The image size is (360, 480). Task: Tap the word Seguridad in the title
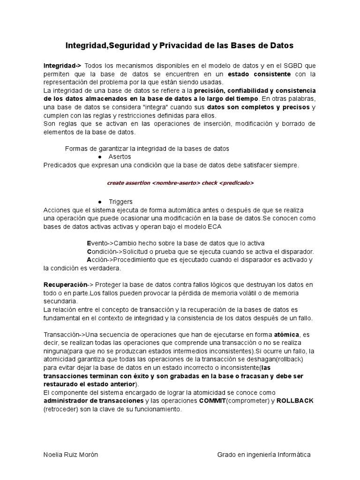(123, 45)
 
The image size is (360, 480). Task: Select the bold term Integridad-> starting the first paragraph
(62, 65)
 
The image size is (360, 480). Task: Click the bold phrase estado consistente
(259, 74)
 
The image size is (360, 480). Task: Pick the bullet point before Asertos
(100, 157)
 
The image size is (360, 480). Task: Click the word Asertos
(120, 157)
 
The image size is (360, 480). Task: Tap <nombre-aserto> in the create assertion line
(176, 183)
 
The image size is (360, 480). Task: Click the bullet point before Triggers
(100, 202)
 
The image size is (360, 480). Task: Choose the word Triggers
(120, 202)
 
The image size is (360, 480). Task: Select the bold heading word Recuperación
(66, 285)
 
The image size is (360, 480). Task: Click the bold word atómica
(285, 335)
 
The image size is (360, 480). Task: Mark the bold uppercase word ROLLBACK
(295, 401)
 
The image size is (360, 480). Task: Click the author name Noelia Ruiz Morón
(71, 455)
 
